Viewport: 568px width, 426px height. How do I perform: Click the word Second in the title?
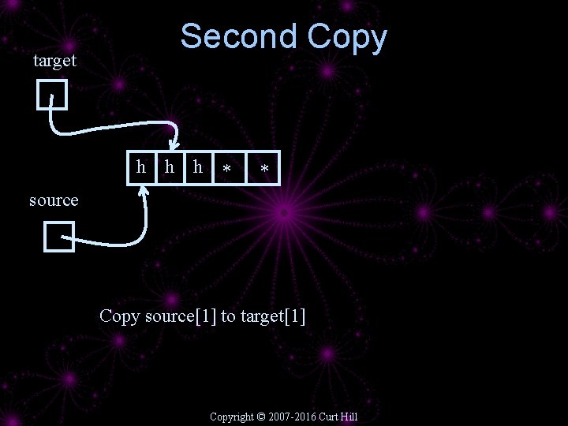click(239, 37)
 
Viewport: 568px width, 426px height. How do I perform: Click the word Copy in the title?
click(347, 37)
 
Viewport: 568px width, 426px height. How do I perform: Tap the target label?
click(54, 61)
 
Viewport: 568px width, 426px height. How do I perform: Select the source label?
click(54, 200)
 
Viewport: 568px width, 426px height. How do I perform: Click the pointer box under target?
click(52, 95)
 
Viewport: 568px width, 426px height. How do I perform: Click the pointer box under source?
click(59, 237)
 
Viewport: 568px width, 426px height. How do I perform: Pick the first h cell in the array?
click(141, 166)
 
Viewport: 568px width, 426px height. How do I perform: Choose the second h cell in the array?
click(168, 166)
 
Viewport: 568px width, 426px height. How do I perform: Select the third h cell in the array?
click(198, 166)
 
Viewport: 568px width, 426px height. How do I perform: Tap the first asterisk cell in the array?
click(227, 168)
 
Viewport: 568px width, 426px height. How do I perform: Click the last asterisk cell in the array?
click(264, 168)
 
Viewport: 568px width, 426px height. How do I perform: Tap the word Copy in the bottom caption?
click(119, 317)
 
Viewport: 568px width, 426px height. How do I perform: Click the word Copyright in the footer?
click(232, 417)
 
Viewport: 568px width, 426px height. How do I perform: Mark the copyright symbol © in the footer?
click(262, 417)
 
